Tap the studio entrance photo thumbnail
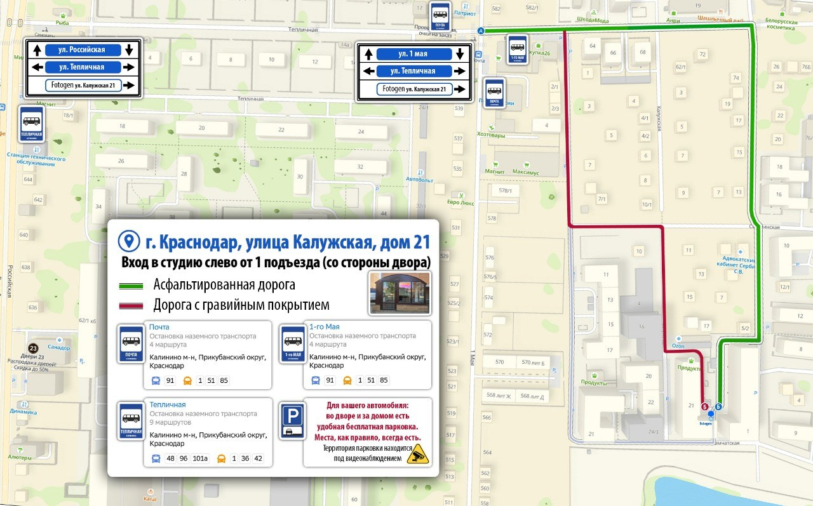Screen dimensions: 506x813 click(400, 293)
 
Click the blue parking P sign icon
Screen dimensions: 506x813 click(292, 420)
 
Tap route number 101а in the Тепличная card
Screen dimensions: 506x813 click(200, 458)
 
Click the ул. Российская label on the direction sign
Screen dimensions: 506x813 click(83, 50)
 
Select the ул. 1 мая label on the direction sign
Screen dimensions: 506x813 click(413, 54)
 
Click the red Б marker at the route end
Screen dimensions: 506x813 click(704, 406)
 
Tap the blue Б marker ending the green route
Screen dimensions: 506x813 click(718, 406)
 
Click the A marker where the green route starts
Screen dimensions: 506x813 click(480, 30)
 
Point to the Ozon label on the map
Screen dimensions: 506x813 click(678, 346)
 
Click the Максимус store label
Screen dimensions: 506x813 click(525, 173)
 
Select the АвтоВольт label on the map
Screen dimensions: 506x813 click(419, 180)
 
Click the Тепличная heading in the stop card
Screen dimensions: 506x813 click(168, 404)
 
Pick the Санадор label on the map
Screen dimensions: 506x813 click(58, 347)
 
